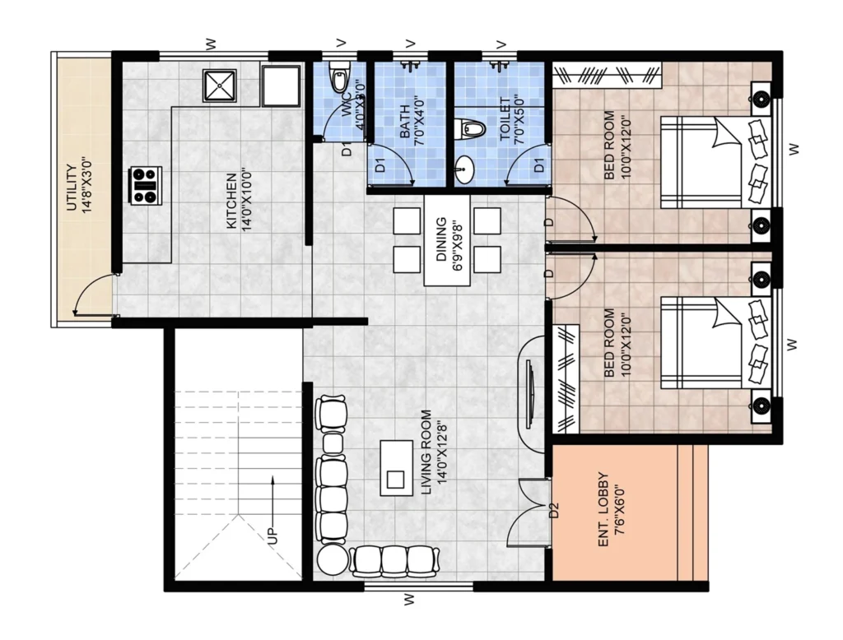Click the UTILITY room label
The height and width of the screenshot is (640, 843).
click(72, 188)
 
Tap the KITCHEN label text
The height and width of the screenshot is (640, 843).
click(231, 201)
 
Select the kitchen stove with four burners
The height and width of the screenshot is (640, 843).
click(146, 185)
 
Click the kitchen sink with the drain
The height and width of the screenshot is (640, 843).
click(219, 85)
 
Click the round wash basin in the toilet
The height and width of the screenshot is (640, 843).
click(463, 169)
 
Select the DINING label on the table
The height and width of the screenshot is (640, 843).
click(441, 239)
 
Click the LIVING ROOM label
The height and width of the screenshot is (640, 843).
click(426, 453)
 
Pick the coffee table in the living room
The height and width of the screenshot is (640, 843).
click(397, 467)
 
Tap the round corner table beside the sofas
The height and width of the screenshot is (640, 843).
click(333, 560)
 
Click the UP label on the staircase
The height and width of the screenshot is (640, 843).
click(273, 535)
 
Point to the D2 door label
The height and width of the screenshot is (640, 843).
click(554, 510)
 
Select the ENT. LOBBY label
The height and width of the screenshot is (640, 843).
click(603, 510)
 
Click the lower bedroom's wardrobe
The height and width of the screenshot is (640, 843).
click(566, 378)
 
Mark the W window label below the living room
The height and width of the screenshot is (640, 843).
click(410, 599)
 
